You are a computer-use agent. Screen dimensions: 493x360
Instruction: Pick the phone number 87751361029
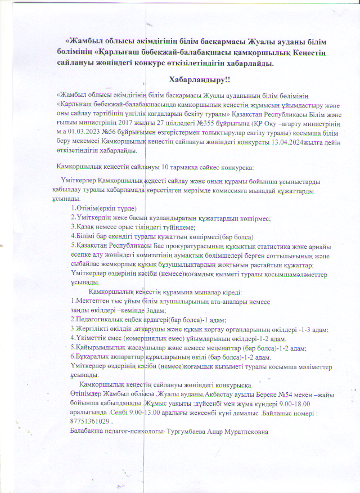click(x=89, y=420)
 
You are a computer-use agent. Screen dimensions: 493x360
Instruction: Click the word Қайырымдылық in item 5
click(x=94, y=348)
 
